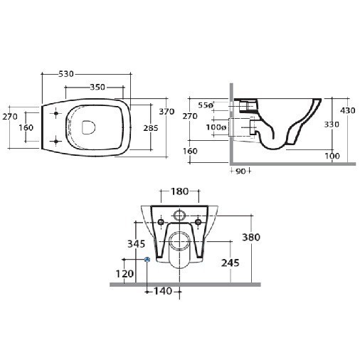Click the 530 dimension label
(x=66, y=74)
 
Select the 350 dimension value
(x=97, y=88)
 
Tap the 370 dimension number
(x=166, y=112)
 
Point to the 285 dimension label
(x=151, y=128)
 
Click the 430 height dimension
(x=347, y=110)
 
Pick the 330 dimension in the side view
(x=332, y=125)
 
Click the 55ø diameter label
(x=206, y=105)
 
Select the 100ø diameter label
(x=216, y=127)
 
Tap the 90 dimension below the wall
(x=240, y=171)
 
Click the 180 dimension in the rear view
(x=179, y=191)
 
